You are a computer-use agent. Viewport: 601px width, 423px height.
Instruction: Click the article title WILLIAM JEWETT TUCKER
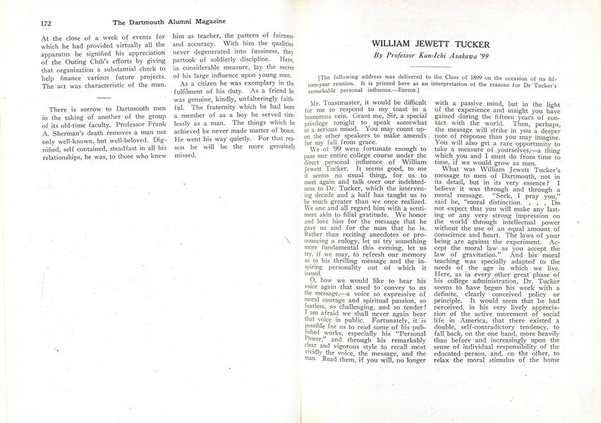point(440,44)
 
